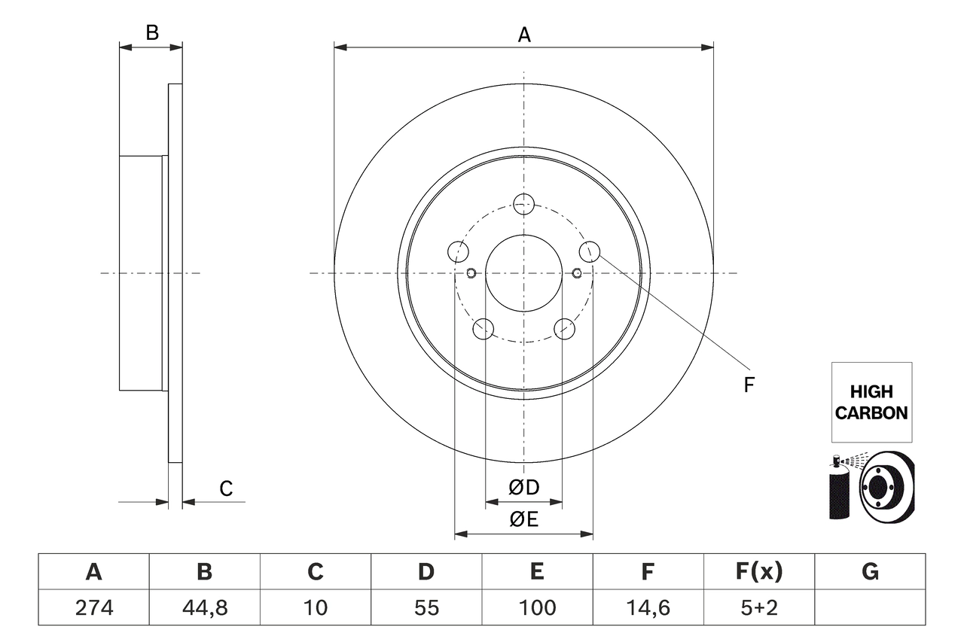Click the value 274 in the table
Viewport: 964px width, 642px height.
93,607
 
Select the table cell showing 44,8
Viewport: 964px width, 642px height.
204,607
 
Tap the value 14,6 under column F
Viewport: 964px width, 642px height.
648,607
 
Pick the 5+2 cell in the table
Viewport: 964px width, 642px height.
758,607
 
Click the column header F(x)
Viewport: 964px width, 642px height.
758,573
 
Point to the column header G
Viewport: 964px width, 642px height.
870,573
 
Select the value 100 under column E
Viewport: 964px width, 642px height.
537,607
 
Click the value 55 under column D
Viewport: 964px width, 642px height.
426,607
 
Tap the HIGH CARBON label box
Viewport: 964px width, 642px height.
871,402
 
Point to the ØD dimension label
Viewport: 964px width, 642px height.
524,488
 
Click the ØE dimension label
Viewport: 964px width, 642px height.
524,519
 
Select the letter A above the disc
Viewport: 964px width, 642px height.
524,35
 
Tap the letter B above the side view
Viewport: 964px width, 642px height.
151,32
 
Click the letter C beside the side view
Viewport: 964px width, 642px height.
226,488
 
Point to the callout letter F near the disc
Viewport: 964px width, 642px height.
749,385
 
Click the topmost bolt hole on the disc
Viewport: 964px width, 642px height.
523,203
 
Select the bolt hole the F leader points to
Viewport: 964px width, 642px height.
590,251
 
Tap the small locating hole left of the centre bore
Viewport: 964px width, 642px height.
471,272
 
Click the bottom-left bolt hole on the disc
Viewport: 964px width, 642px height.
483,329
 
